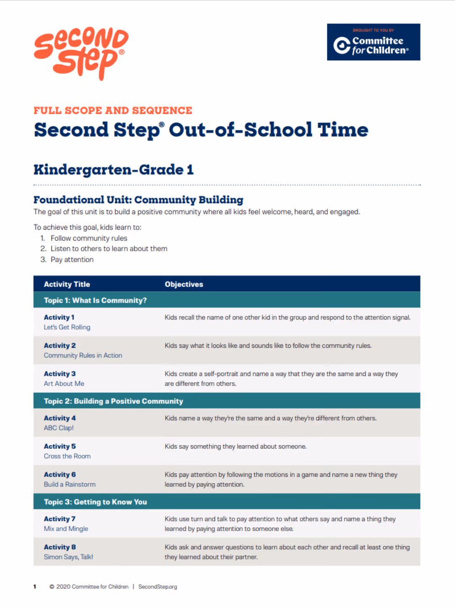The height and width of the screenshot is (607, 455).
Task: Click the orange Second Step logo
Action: (81, 53)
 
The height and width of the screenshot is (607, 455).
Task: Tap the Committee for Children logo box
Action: (373, 42)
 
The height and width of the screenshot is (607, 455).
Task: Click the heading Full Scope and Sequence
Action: (113, 110)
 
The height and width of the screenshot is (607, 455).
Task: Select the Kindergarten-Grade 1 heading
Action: (114, 169)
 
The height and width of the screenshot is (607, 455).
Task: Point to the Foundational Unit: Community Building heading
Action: (138, 200)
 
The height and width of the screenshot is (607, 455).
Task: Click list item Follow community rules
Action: (89, 238)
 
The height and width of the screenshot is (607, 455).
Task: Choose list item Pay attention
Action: (72, 260)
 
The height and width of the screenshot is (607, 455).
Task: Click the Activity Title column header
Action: (67, 284)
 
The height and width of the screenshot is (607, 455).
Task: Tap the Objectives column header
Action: (184, 284)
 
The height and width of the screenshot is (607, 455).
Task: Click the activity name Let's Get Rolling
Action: (67, 327)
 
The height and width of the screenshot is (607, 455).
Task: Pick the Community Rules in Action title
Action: (83, 355)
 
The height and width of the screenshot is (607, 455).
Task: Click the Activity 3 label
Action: (60, 373)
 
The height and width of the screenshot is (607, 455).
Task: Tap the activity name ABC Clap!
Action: (59, 428)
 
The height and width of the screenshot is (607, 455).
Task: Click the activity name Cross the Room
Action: (67, 456)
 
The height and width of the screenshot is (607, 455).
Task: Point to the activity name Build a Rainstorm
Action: (70, 484)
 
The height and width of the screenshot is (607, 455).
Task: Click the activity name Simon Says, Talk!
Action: (68, 557)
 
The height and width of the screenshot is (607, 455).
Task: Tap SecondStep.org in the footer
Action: (158, 587)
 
